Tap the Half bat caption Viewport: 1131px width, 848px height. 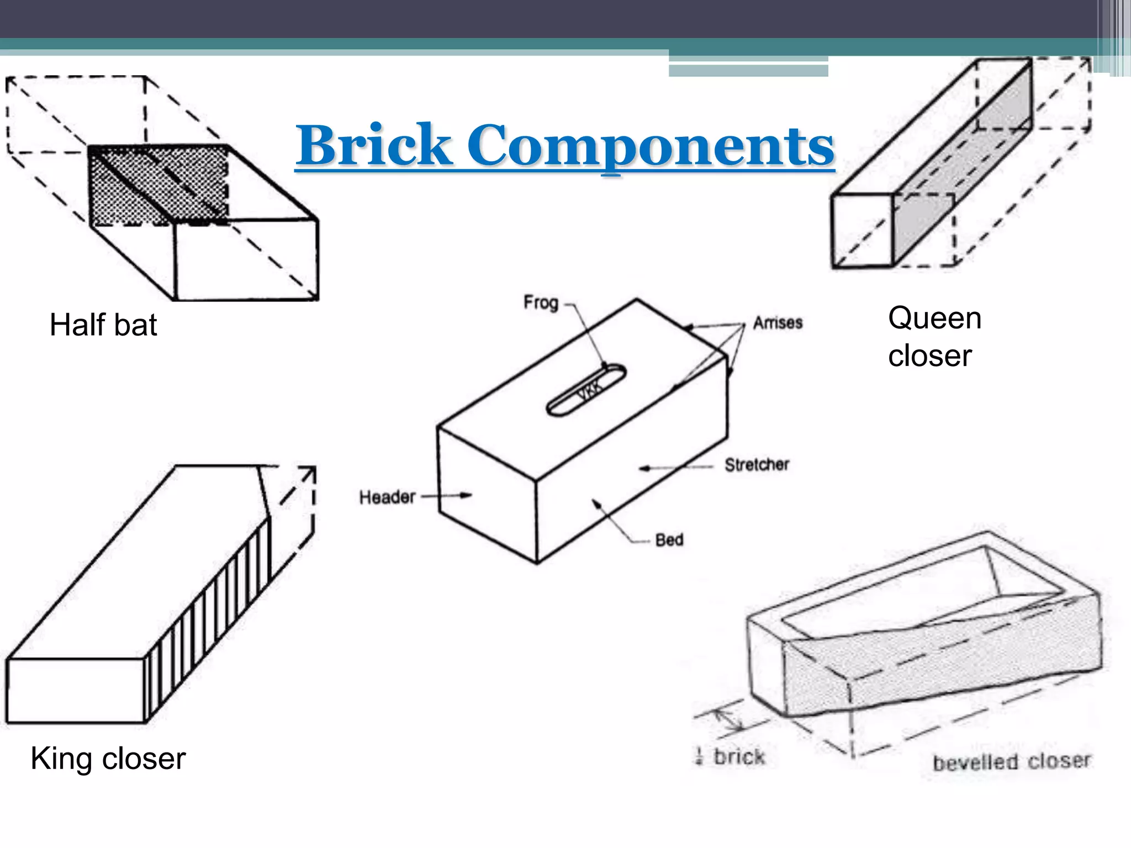click(x=103, y=325)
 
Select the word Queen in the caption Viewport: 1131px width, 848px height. click(x=934, y=319)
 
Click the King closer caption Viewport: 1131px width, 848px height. click(x=108, y=758)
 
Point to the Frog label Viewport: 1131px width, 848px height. click(x=541, y=303)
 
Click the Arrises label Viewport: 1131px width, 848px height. click(x=778, y=322)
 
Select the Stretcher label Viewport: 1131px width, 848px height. click(x=757, y=465)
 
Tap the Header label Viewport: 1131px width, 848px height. click(x=387, y=497)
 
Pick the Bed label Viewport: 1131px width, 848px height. click(x=669, y=539)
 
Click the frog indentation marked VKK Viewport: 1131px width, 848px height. click(x=586, y=390)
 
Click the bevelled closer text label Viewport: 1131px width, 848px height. click(x=1012, y=762)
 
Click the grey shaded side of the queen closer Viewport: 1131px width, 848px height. click(x=961, y=166)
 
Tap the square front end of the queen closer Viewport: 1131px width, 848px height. click(x=862, y=231)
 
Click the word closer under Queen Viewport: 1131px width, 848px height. click(x=929, y=356)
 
